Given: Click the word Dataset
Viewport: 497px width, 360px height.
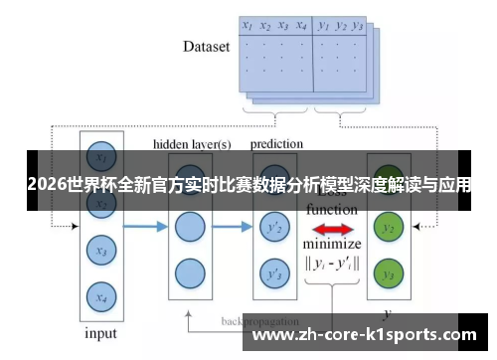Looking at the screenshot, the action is click(x=207, y=46).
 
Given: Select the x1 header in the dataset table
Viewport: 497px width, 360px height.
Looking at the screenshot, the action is click(x=247, y=26).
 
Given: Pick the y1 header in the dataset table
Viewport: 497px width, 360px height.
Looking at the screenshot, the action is click(x=323, y=26).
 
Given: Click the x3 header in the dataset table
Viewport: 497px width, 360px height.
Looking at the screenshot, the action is click(x=283, y=26).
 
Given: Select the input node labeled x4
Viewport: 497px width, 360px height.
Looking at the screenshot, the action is click(x=98, y=295).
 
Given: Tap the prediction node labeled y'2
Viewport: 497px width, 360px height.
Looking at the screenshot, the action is click(x=271, y=229).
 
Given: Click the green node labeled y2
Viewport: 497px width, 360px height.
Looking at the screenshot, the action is click(x=390, y=229).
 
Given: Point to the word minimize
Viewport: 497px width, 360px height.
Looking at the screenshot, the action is click(x=332, y=245).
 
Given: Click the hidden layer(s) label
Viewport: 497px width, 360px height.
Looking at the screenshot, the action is click(x=192, y=144).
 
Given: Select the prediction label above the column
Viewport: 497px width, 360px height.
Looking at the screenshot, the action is click(x=275, y=144).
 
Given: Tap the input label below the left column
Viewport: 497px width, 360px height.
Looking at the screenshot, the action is click(x=98, y=334).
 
